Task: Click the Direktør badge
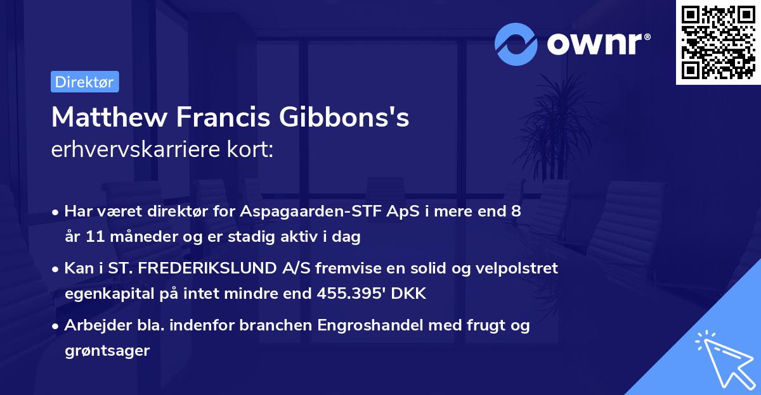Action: pyautogui.click(x=84, y=82)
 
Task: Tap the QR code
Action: pyautogui.click(x=719, y=42)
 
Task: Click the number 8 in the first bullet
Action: pyautogui.click(x=516, y=211)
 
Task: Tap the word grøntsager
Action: pyautogui.click(x=107, y=351)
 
